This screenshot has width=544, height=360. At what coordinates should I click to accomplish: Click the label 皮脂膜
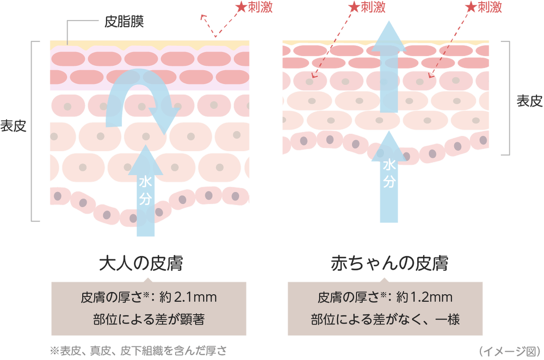pyautogui.click(x=124, y=22)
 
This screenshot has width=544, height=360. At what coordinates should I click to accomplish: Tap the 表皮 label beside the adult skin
pyautogui.click(x=13, y=126)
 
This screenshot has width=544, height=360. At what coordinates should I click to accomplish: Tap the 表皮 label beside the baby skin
pyautogui.click(x=530, y=101)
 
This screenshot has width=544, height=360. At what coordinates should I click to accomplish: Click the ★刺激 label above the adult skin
pyautogui.click(x=254, y=7)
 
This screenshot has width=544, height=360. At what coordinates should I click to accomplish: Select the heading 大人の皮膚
pyautogui.click(x=141, y=263)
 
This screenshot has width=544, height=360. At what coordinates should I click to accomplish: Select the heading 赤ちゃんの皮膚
pyautogui.click(x=390, y=263)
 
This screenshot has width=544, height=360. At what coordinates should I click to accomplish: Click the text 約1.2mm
pyautogui.click(x=424, y=297)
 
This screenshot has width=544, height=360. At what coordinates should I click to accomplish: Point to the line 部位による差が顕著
pyautogui.click(x=149, y=319)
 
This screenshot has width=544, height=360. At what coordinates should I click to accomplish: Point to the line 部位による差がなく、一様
pyautogui.click(x=385, y=319)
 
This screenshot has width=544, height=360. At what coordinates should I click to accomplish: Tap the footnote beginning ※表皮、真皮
pyautogui.click(x=138, y=351)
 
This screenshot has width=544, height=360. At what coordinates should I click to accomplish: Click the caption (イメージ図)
pyautogui.click(x=510, y=351)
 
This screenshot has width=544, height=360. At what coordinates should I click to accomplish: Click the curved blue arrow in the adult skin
pyautogui.click(x=139, y=78)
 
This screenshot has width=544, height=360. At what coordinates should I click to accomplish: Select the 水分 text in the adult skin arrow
pyautogui.click(x=145, y=190)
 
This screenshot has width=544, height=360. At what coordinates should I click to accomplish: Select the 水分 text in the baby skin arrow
pyautogui.click(x=389, y=173)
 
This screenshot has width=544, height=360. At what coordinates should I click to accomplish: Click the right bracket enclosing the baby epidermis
pyautogui.click(x=508, y=98)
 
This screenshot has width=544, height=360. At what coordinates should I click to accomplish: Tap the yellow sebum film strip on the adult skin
pyautogui.click(x=150, y=44)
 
